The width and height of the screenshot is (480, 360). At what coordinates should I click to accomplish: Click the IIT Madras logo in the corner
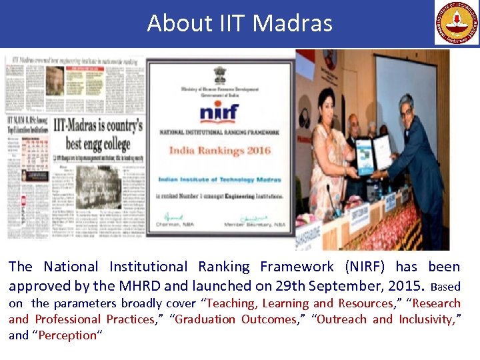pyautogui.click(x=457, y=23)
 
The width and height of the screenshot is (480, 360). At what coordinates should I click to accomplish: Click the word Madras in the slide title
pyautogui.click(x=293, y=23)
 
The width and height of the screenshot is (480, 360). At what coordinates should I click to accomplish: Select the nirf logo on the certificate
pyautogui.click(x=219, y=111)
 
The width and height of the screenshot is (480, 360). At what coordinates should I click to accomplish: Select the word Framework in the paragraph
pyautogui.click(x=297, y=267)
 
